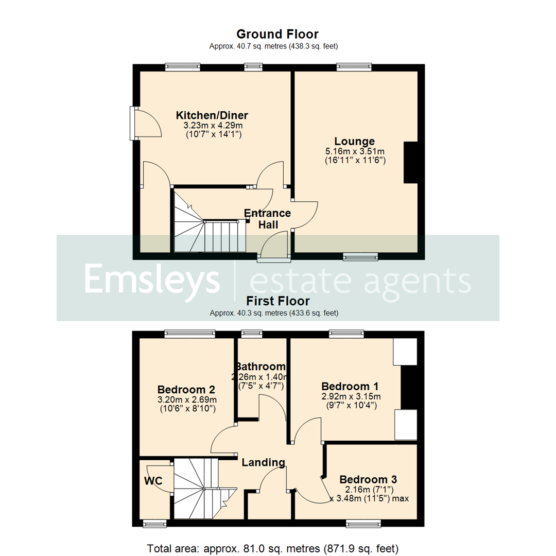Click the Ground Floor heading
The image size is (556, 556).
click(277, 34)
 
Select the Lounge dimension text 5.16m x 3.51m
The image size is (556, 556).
click(355, 151)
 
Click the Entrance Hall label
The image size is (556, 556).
click(268, 219)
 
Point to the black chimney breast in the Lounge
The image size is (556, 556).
click(411, 163)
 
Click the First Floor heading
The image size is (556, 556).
click(277, 301)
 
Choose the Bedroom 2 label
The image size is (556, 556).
click(186, 389)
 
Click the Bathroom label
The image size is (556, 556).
click(260, 367)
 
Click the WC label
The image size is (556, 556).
click(153, 481)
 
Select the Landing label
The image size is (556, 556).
click(264, 462)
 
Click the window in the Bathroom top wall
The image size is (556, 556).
click(251, 334)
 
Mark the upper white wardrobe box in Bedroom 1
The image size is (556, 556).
click(405, 351)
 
